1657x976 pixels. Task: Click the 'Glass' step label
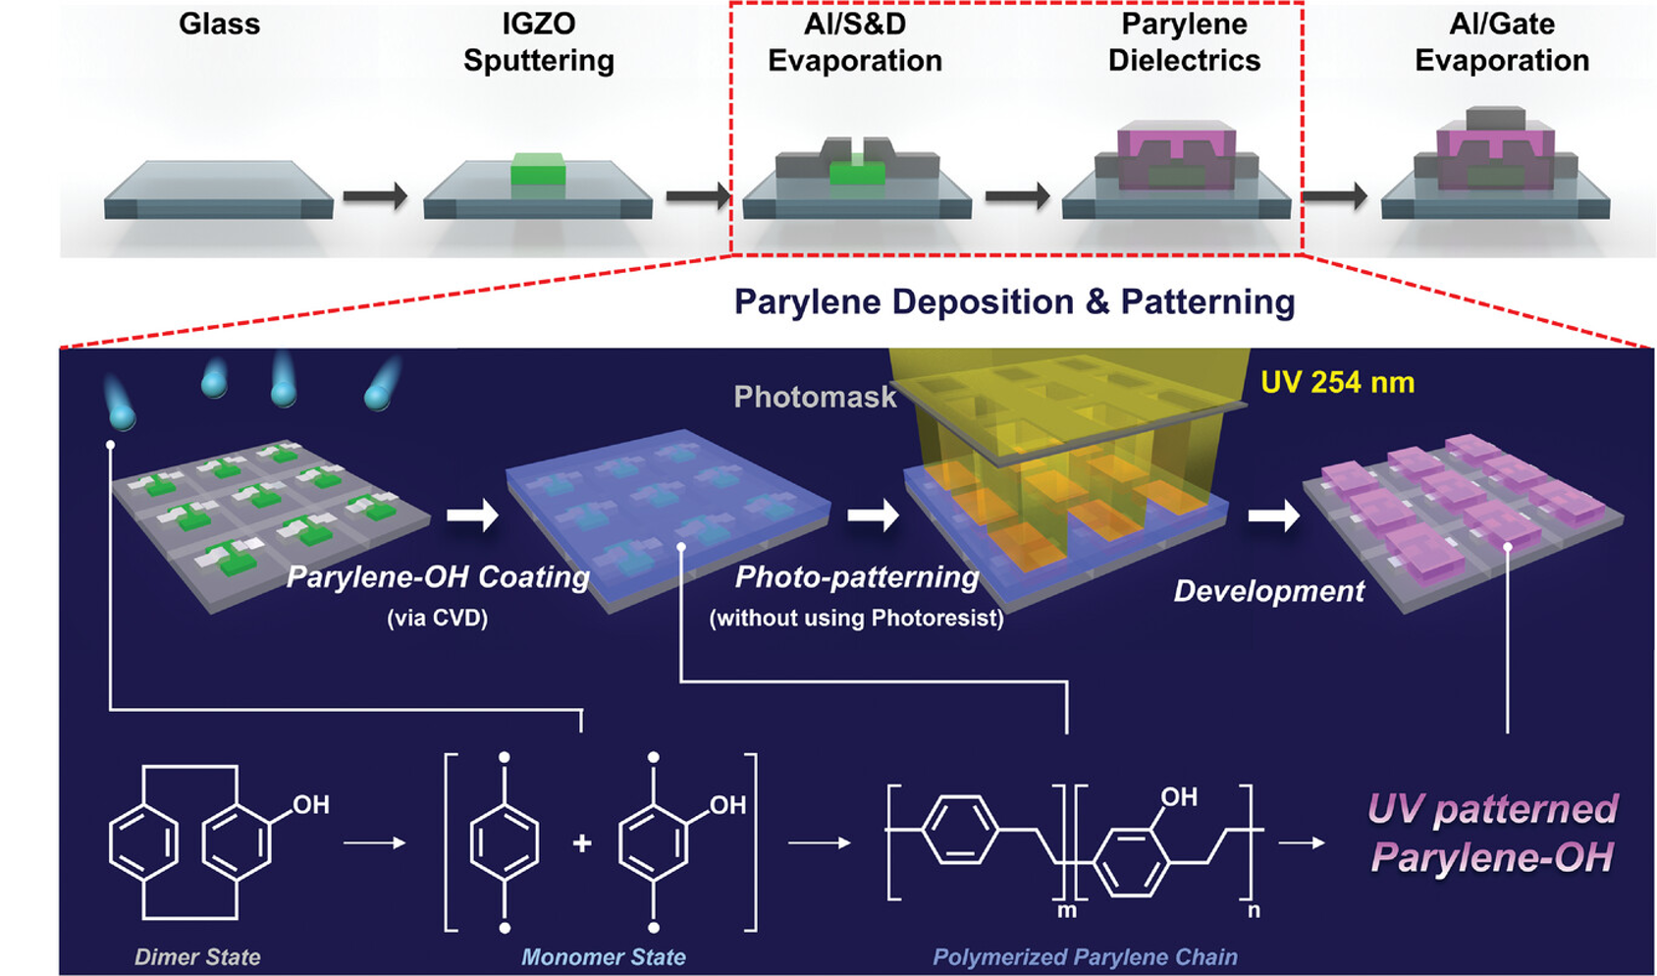pyautogui.click(x=219, y=24)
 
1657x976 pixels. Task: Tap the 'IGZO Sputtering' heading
pyautogui.click(x=539, y=42)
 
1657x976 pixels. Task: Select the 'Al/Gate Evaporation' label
pyautogui.click(x=1502, y=42)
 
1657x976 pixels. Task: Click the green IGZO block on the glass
pyautogui.click(x=538, y=170)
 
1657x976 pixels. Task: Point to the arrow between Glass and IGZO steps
pyautogui.click(x=375, y=195)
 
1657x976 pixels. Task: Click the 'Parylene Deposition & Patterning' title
pyautogui.click(x=1014, y=301)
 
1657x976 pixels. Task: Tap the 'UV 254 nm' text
pyautogui.click(x=1337, y=382)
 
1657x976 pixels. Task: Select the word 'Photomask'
pyautogui.click(x=815, y=397)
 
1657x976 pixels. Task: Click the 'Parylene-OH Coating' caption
pyautogui.click(x=438, y=576)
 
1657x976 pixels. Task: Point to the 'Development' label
pyautogui.click(x=1268, y=591)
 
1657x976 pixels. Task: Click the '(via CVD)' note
pyautogui.click(x=437, y=618)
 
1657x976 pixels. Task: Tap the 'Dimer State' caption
pyautogui.click(x=197, y=957)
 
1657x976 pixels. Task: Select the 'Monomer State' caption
pyautogui.click(x=603, y=957)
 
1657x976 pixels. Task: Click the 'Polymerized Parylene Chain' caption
pyautogui.click(x=1085, y=957)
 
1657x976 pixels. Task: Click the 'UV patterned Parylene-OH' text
pyautogui.click(x=1492, y=833)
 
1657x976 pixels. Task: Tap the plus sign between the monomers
pyautogui.click(x=582, y=842)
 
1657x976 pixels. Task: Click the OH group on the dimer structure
pyautogui.click(x=310, y=805)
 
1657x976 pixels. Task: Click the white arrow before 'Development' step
pyautogui.click(x=1273, y=514)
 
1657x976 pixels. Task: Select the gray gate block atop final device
pyautogui.click(x=1495, y=118)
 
